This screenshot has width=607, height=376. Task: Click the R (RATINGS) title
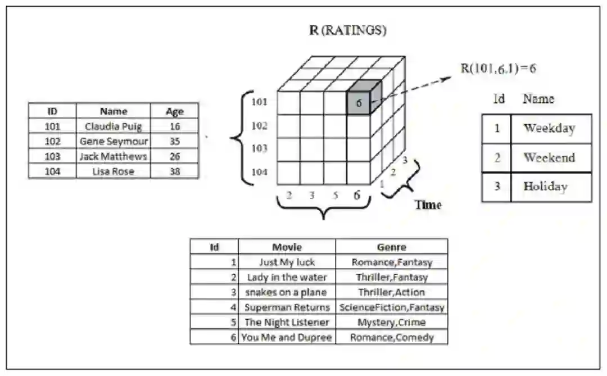(348, 30)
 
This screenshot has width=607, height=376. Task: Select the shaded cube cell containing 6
(359, 103)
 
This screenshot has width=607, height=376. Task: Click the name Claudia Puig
(113, 126)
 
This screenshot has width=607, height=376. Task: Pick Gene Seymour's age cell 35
(175, 142)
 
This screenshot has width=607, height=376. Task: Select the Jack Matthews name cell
(113, 156)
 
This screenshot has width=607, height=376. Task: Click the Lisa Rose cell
(113, 171)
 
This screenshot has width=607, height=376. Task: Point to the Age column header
(175, 111)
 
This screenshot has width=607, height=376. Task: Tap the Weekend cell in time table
(550, 157)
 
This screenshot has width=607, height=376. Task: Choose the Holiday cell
(545, 187)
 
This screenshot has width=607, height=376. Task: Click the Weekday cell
(550, 128)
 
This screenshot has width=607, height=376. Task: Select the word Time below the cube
(428, 205)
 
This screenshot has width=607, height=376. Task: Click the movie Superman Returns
(287, 307)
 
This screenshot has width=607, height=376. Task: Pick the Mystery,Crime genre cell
(392, 323)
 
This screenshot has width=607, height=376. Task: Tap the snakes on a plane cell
(287, 292)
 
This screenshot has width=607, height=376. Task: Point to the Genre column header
(392, 247)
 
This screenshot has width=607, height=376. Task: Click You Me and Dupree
(287, 338)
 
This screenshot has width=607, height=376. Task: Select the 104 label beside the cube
(259, 172)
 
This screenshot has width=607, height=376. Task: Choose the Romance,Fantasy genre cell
(392, 262)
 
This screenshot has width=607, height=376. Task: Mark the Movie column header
(287, 247)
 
